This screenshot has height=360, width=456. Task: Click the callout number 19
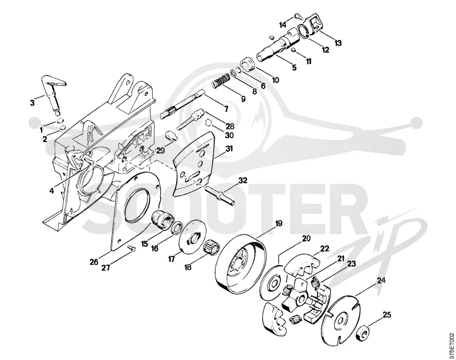278,224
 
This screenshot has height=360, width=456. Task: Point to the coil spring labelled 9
221,81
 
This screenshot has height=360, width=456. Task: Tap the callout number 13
337,43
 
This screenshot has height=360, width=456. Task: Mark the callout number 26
94,262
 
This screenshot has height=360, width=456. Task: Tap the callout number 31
229,149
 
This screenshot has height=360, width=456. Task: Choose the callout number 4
51,191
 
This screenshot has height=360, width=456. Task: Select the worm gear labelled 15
162,219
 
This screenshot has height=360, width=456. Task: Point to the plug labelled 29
172,136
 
